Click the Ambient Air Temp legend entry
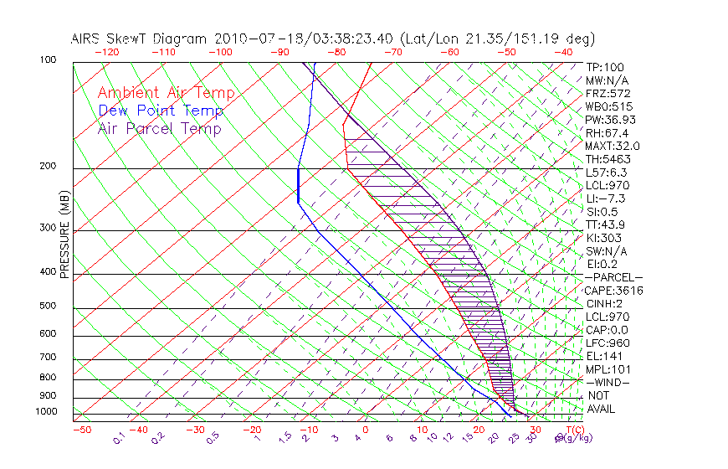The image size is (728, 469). tap(166, 93)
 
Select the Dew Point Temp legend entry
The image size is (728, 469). tap(161, 111)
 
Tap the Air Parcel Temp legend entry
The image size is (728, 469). tap(160, 128)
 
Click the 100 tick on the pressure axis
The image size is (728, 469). tap(49, 60)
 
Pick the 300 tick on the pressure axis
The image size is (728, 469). tap(49, 228)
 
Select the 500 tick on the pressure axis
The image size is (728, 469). tap(49, 306)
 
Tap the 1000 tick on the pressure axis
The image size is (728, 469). tap(46, 412)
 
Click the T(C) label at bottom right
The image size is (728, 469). tap(577, 430)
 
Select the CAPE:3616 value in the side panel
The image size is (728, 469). tap(614, 291)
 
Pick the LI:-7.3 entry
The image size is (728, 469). tap(606, 198)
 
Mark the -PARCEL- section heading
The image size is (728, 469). tap(613, 277)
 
